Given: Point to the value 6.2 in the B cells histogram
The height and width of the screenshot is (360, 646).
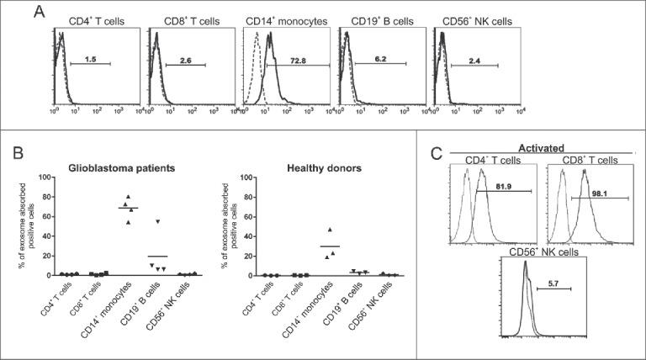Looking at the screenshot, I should (x=381, y=61).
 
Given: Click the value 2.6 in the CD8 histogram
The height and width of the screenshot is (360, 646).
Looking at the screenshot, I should (x=187, y=61).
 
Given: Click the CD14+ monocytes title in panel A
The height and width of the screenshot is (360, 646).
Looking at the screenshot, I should (x=282, y=19).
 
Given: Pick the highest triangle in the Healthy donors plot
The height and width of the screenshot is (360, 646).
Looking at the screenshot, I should (x=330, y=230).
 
